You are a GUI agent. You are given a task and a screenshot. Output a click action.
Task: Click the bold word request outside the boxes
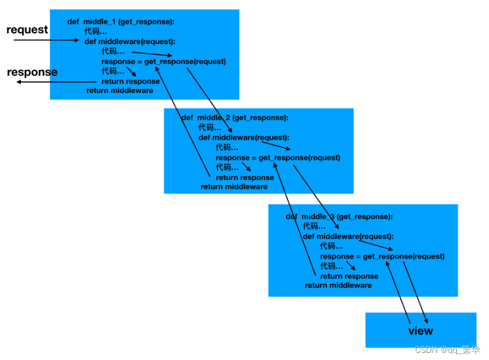tap(27, 30)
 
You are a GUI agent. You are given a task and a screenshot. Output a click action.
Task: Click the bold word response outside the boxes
tap(32, 72)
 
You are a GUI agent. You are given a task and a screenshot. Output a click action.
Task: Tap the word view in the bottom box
tap(421, 331)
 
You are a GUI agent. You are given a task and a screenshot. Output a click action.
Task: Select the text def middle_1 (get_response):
tap(120, 22)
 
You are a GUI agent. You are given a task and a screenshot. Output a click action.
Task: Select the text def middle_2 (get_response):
tap(235, 118)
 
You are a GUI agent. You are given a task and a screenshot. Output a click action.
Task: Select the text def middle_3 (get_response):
tap(339, 216)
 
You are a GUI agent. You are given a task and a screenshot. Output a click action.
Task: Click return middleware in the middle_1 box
tap(120, 91)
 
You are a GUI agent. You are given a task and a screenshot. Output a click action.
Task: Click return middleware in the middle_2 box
tap(234, 187)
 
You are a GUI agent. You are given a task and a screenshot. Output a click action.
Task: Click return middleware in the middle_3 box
tap(338, 285)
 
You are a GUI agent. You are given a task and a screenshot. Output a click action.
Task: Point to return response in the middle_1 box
tap(130, 82)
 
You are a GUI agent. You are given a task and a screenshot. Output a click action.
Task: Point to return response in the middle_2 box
tap(245, 177)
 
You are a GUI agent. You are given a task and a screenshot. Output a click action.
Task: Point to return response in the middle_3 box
tap(349, 276)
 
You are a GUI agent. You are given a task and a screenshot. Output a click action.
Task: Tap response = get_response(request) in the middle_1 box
tap(164, 61)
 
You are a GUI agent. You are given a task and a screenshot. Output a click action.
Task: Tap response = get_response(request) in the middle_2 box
tap(278, 158)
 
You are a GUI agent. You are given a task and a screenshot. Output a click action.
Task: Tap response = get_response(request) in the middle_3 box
tap(382, 256)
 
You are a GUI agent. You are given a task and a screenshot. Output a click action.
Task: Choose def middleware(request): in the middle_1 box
tap(130, 42)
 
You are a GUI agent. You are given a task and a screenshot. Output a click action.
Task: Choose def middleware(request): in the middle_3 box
tap(348, 237)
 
